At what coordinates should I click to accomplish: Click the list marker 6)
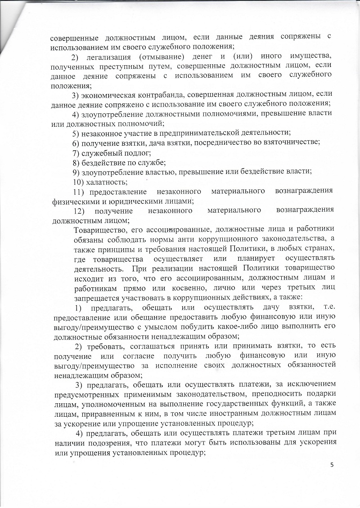[x=76, y=143]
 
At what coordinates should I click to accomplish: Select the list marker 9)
[x=76, y=172]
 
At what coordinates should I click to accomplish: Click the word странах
[x=320, y=250]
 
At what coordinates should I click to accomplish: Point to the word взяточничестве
[x=281, y=143]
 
